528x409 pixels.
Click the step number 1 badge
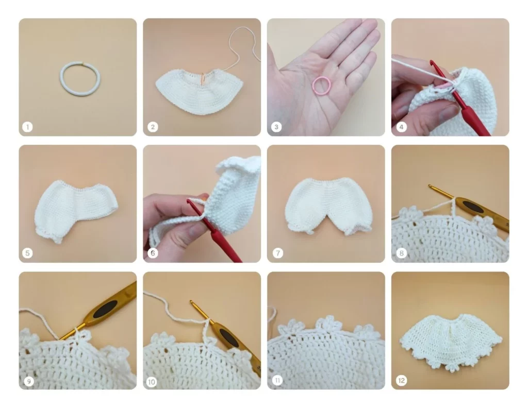(28, 127)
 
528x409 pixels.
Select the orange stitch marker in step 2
(203, 78)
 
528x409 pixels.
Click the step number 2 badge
(153, 127)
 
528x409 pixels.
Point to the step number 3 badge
(276, 127)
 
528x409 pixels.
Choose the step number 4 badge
(401, 127)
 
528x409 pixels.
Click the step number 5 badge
(28, 253)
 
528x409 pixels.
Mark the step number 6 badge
(153, 253)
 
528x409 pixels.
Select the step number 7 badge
(278, 253)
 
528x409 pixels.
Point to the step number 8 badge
(401, 253)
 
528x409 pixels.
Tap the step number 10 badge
(152, 382)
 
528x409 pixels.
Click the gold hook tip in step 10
(192, 302)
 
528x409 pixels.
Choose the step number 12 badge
(401, 380)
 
